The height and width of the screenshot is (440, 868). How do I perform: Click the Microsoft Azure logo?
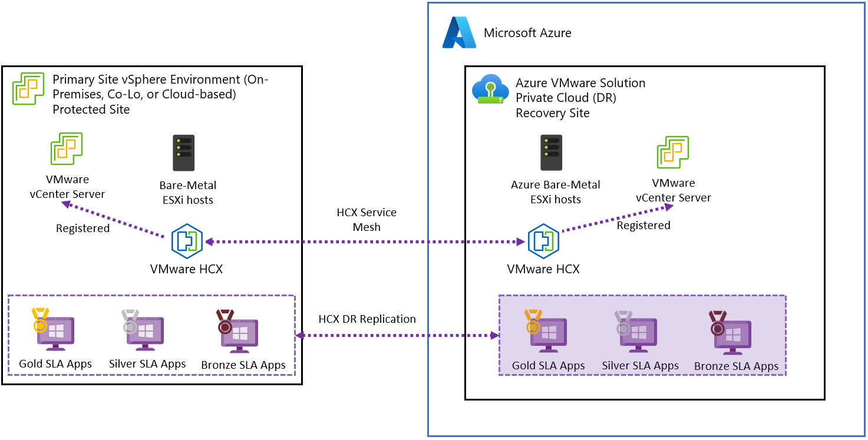tap(459, 32)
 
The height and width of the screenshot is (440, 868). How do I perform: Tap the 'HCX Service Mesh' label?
tap(367, 220)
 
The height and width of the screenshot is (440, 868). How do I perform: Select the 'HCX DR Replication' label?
tap(367, 319)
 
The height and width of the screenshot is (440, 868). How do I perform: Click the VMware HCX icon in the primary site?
tap(187, 241)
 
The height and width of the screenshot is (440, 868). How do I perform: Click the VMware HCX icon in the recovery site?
tap(543, 241)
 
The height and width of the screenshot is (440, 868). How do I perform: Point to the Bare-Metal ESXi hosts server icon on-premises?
tap(183, 153)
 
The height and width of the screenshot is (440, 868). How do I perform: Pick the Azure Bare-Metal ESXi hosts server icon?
tap(552, 153)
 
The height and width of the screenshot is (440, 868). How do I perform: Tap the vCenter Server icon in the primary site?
tap(66, 148)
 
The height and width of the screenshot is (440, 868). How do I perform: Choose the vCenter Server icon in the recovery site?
tap(673, 152)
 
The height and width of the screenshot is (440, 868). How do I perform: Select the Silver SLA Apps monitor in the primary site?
tap(143, 330)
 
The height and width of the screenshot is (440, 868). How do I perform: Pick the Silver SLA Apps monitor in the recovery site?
tap(636, 332)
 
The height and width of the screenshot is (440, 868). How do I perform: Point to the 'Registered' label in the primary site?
tap(82, 229)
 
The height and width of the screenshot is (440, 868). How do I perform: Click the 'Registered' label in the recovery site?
tap(643, 226)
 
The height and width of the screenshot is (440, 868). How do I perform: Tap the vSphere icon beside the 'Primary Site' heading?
tap(28, 90)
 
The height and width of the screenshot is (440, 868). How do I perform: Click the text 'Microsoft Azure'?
tap(527, 33)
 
